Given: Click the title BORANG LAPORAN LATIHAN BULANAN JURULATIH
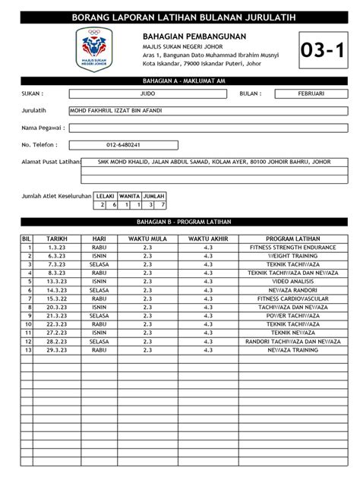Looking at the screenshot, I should pos(179,17).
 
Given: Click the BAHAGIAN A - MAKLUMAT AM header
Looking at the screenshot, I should pos(180,80).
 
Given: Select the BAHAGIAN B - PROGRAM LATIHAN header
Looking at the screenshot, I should pos(180,222).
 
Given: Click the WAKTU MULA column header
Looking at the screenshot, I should pos(147,238).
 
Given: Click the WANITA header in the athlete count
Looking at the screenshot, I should pos(128,195).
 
